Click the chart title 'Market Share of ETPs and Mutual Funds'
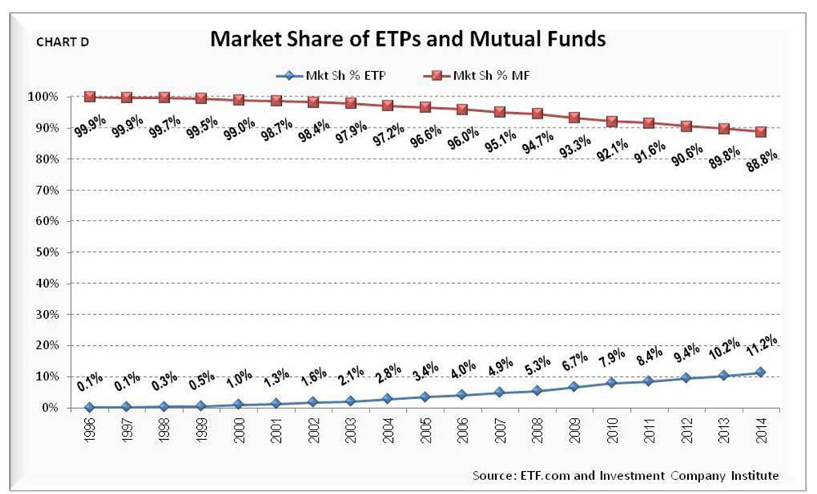point(401,39)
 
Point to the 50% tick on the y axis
point(46,252)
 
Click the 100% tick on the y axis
point(44,97)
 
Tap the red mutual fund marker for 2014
point(761,132)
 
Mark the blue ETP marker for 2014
point(761,372)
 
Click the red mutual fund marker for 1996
point(90,97)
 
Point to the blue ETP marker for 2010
point(611,383)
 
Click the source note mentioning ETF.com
point(625,475)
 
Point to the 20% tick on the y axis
point(46,345)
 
